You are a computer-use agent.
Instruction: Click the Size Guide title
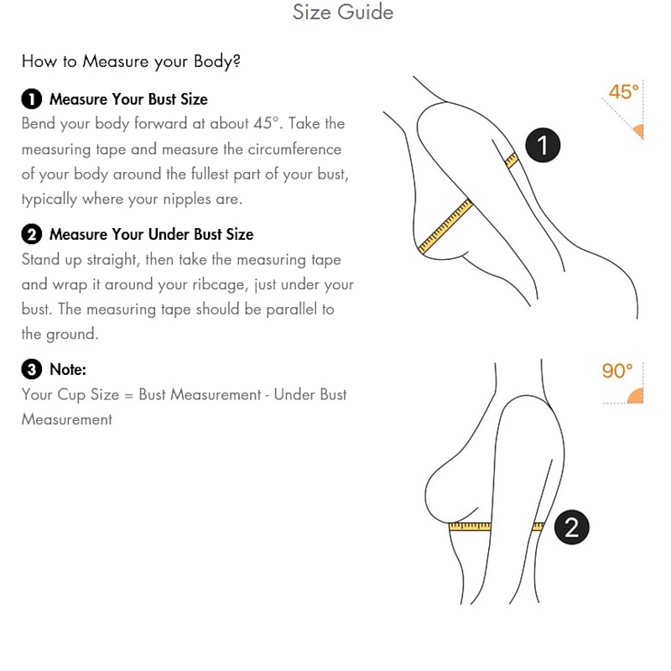pyautogui.click(x=343, y=12)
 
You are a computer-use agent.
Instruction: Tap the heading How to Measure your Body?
pyautogui.click(x=131, y=61)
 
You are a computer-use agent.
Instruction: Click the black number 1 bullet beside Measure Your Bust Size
pyautogui.click(x=32, y=99)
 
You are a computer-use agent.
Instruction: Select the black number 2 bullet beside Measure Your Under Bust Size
pyautogui.click(x=32, y=235)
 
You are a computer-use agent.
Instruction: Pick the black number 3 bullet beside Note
pyautogui.click(x=32, y=369)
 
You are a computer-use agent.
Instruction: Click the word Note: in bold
pyautogui.click(x=68, y=369)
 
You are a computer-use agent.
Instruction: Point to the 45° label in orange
pyautogui.click(x=623, y=92)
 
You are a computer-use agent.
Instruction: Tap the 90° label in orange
pyautogui.click(x=617, y=371)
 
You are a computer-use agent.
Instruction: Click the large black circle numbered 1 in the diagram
pyautogui.click(x=543, y=145)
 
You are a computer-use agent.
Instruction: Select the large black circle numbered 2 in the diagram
pyautogui.click(x=572, y=527)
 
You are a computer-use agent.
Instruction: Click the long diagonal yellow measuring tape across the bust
pyautogui.click(x=445, y=226)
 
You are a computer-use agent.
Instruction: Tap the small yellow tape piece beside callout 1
pyautogui.click(x=512, y=161)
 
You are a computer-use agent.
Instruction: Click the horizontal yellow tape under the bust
pyautogui.click(x=470, y=526)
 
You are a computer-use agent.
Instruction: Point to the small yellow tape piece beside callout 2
pyautogui.click(x=538, y=527)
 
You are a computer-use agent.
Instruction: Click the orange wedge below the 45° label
pyautogui.click(x=638, y=132)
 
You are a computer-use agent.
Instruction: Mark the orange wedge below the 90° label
pyautogui.click(x=636, y=396)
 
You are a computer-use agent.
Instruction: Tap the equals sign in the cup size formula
pyautogui.click(x=129, y=395)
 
